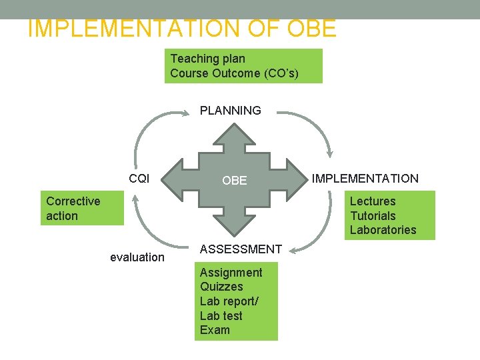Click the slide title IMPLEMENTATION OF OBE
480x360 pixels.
(182, 29)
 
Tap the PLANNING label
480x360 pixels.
(231, 111)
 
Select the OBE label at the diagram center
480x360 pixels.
(234, 180)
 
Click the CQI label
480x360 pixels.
(139, 178)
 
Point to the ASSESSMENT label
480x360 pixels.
(241, 249)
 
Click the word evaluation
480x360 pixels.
(137, 257)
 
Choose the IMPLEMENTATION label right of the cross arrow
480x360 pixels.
(365, 178)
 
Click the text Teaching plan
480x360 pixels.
(207, 59)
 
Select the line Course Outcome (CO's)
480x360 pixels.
(234, 73)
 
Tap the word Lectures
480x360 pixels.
(373, 201)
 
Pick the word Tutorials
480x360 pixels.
(373, 216)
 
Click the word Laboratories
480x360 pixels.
(383, 230)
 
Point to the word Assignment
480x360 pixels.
(231, 272)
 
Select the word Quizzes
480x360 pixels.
(221, 287)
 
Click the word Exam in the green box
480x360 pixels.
(215, 330)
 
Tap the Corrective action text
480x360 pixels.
(73, 209)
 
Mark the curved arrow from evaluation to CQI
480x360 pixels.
(143, 227)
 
